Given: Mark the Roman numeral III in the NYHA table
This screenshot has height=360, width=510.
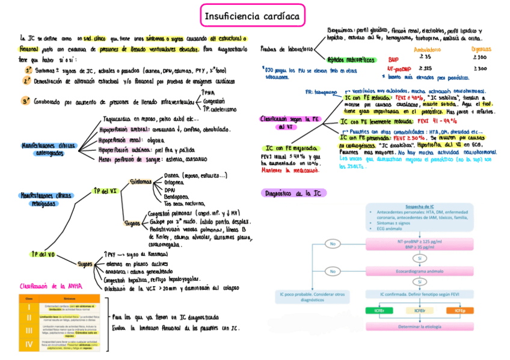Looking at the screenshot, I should pyautogui.click(x=28, y=331).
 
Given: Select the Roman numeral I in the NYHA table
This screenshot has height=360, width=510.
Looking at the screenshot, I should pyautogui.click(x=28, y=307).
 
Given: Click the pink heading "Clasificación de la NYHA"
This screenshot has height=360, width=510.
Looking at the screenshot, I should pyautogui.click(x=51, y=286).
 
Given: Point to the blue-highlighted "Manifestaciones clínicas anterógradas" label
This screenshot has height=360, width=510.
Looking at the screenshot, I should pyautogui.click(x=48, y=150).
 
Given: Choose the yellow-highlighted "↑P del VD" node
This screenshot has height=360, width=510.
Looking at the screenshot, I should pyautogui.click(x=43, y=255).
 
